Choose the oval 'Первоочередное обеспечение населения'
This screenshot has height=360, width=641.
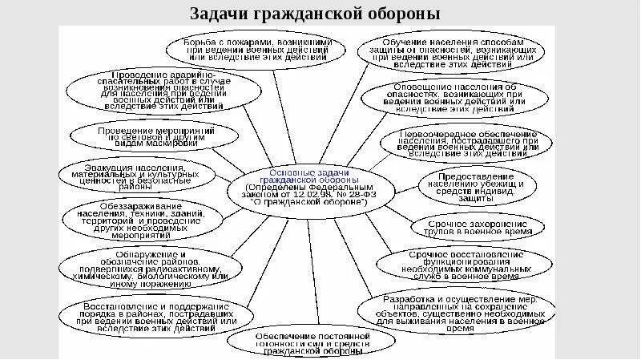[x=469, y=143]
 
